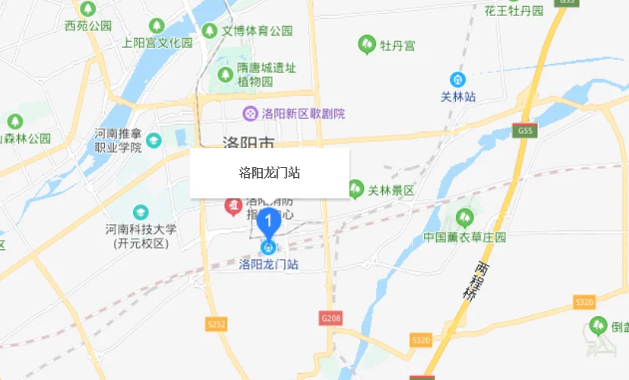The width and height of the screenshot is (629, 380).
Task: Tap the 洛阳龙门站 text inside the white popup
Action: [x=269, y=173]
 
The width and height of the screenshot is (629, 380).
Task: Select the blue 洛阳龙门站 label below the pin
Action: [x=268, y=264]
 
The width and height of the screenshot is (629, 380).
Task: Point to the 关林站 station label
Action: [x=458, y=97]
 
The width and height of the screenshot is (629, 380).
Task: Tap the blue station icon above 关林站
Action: [x=458, y=79]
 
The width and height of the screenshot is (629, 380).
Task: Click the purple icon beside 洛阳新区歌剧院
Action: [x=249, y=114]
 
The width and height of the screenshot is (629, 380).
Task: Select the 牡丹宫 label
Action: [x=398, y=46]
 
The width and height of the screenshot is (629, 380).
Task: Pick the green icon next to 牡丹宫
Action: [x=367, y=45]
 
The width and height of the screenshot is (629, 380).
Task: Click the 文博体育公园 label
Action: [x=257, y=31]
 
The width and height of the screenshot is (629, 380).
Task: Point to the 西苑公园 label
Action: [x=88, y=25]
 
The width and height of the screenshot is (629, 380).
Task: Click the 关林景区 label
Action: [x=391, y=190]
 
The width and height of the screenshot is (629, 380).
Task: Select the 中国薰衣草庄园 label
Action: [x=465, y=237]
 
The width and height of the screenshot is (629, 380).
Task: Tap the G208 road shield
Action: [x=329, y=318]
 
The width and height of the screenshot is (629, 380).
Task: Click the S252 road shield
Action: [x=217, y=325]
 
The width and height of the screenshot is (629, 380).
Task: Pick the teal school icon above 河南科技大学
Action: [x=141, y=212]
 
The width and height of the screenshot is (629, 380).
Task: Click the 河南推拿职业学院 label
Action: [x=119, y=141]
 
